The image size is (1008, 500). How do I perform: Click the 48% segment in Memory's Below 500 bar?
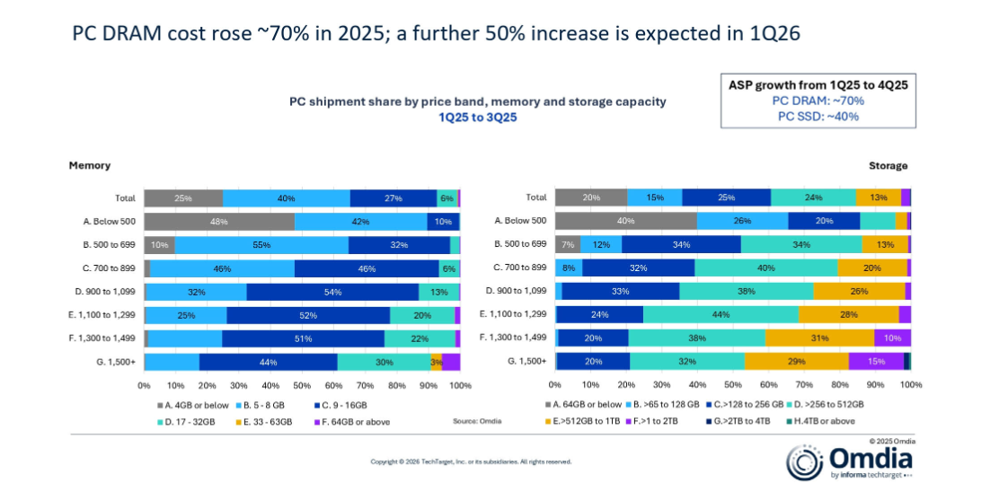pyautogui.click(x=219, y=222)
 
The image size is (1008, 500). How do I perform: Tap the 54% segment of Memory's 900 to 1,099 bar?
pyautogui.click(x=332, y=292)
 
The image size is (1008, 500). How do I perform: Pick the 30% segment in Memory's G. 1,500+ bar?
pyautogui.click(x=384, y=362)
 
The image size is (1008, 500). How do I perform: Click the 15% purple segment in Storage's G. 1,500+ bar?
pyautogui.click(x=876, y=362)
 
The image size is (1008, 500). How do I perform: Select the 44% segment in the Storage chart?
pyautogui.click(x=721, y=315)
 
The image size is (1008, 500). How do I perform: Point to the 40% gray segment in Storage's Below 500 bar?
pyautogui.click(x=626, y=222)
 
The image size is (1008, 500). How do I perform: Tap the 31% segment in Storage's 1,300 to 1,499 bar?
pyautogui.click(x=819, y=338)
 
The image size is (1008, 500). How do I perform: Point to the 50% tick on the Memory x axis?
pyautogui.click(x=302, y=386)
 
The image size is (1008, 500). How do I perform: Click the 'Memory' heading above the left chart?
pyautogui.click(x=90, y=166)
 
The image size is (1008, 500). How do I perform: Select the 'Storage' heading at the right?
pyautogui.click(x=888, y=166)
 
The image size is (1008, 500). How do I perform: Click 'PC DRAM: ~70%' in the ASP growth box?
pyautogui.click(x=818, y=101)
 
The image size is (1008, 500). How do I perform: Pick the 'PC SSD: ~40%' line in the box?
pyautogui.click(x=818, y=116)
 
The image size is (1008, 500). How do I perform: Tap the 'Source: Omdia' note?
pyautogui.click(x=476, y=421)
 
